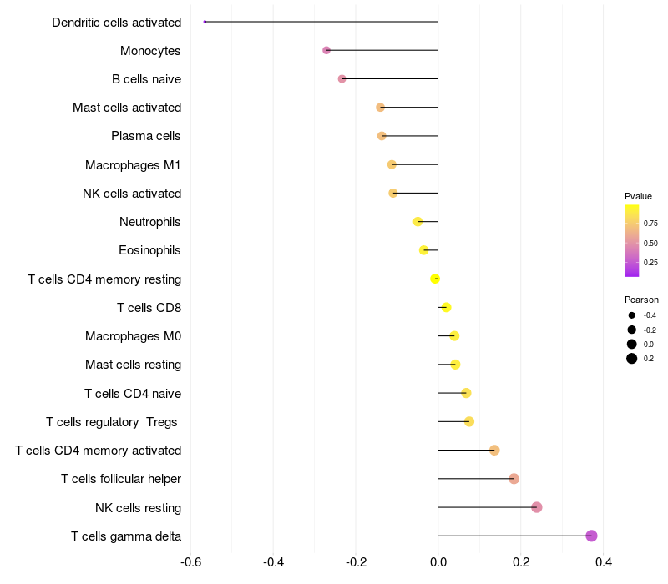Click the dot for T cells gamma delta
coord(591,536)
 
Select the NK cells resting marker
coord(537,507)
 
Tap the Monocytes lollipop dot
coord(326,51)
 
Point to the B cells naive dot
coord(342,79)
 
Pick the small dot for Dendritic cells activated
coord(205,22)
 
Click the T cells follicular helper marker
coord(514,479)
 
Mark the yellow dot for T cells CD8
coord(446,308)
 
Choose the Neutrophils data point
coord(417,222)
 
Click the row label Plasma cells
coord(146,136)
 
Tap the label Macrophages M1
coord(133,165)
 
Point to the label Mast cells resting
coord(133,365)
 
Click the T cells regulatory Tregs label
coord(112,422)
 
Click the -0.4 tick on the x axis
coord(273,562)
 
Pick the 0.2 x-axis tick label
coord(521,562)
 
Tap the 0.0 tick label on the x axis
coord(438,562)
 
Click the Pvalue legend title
coord(638,196)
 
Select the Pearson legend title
coord(641,300)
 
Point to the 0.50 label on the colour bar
coord(650,243)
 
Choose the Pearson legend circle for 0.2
coord(632,359)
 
